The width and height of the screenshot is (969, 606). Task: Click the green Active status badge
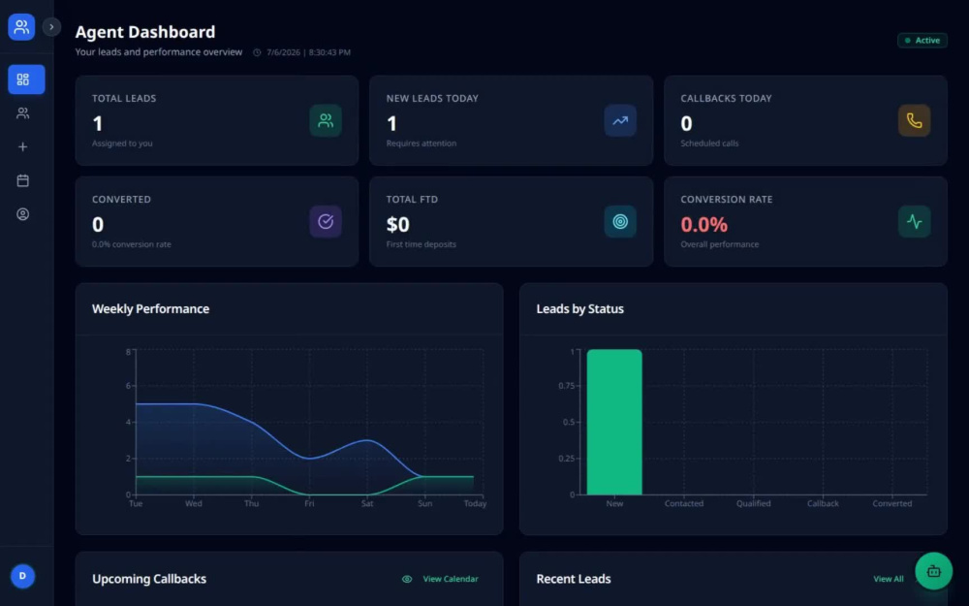point(922,40)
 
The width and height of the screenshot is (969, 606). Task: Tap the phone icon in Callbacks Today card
point(914,120)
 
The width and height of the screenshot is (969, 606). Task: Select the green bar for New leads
point(614,422)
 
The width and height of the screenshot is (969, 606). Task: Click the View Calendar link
point(450,579)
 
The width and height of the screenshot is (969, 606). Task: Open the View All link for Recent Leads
point(888,579)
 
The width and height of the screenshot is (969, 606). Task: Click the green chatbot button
point(933,571)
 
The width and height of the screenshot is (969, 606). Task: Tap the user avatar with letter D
point(23,576)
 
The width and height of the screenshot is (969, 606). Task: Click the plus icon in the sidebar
point(23,146)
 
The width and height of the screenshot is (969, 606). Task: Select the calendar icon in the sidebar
point(23,180)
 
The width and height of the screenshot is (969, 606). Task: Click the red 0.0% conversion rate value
point(703,225)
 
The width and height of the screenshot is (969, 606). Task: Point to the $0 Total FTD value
point(397,225)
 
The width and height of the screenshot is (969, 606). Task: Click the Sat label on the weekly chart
point(367,503)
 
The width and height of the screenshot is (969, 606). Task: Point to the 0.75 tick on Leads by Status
point(566,386)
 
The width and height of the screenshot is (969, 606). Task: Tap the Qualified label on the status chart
point(753,503)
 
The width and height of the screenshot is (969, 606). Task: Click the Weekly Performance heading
point(151,308)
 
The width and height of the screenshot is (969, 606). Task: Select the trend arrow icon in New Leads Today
point(620,120)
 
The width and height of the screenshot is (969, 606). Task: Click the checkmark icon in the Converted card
point(326,221)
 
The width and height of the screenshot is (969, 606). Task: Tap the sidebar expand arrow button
point(51,26)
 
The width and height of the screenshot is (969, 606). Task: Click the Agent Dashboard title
point(145,32)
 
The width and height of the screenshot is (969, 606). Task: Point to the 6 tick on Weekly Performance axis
point(129,386)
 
